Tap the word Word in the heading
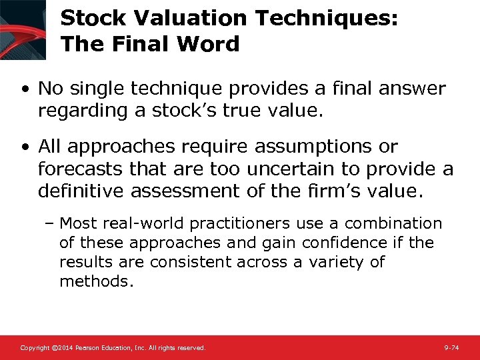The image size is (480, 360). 210,44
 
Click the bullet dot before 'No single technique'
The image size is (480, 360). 25,89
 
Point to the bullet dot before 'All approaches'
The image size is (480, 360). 25,147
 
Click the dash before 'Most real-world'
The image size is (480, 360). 52,224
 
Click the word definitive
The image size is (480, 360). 81,192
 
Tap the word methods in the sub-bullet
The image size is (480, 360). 96,281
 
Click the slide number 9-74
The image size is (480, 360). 451,348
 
